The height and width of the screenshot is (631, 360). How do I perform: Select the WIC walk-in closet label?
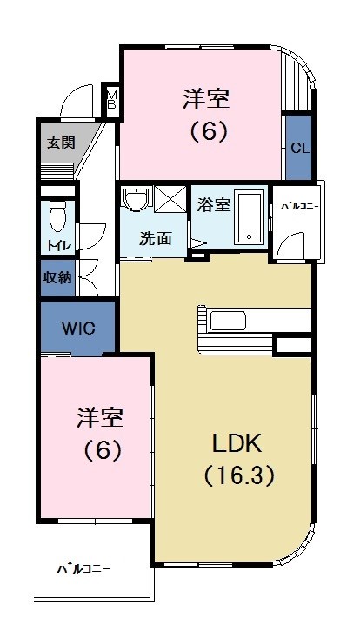click(x=77, y=329)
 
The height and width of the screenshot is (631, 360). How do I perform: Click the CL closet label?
click(x=298, y=148)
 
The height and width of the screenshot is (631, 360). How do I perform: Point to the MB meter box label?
click(x=111, y=96)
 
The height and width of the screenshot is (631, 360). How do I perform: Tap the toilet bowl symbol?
click(x=58, y=213)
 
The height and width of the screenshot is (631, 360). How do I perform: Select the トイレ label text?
click(x=58, y=245)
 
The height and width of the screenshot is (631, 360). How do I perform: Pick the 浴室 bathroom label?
click(x=213, y=205)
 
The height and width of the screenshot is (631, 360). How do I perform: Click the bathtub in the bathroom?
click(x=250, y=216)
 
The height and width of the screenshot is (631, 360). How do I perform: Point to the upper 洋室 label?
click(x=205, y=98)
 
